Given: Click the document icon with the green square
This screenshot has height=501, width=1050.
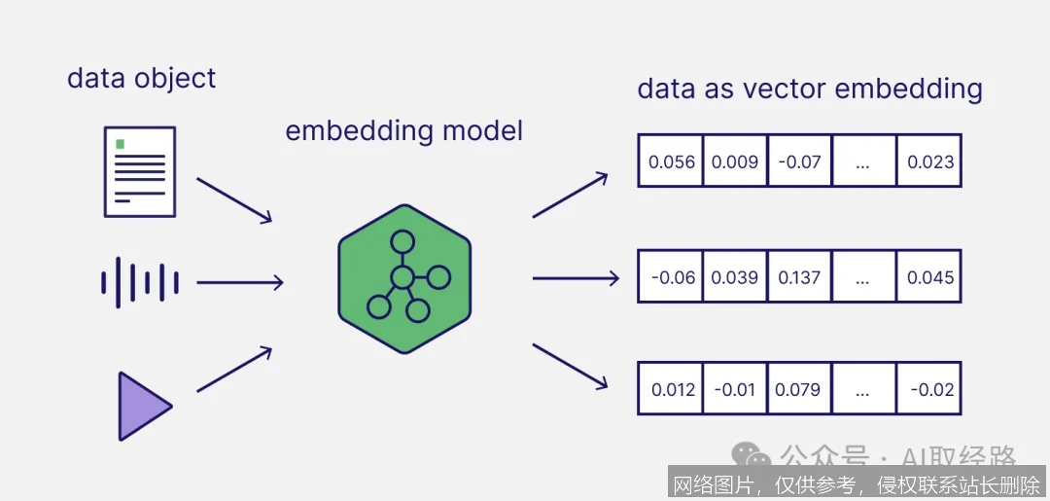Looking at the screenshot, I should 140,171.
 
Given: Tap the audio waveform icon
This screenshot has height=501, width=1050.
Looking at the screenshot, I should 140,282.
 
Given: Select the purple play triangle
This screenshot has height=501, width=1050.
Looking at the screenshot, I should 143,406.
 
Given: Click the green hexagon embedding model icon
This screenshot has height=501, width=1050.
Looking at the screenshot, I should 404,278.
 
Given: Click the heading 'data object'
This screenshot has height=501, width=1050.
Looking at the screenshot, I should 141,78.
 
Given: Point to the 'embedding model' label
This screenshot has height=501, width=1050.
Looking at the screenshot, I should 403,130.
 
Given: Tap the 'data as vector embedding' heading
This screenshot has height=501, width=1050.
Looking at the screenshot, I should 809,89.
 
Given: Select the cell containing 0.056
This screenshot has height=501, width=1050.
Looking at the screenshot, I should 671,161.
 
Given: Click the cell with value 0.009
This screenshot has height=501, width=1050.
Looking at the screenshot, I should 735,161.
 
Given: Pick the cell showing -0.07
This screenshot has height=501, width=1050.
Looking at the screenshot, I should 799,161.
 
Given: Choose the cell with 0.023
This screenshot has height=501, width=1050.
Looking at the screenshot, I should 929,161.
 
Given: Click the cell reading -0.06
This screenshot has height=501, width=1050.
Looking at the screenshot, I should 671,277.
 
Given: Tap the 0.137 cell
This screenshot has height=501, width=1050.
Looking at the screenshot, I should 799,277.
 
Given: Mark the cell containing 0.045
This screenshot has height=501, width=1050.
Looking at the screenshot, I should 929,277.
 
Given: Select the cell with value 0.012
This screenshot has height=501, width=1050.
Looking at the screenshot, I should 671,390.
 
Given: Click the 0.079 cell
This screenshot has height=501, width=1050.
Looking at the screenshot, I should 799,390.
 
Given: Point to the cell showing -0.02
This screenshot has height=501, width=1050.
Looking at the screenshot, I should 929,390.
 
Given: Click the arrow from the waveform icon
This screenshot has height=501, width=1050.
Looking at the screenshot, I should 239,283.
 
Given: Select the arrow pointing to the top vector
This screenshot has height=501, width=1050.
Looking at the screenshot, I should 570,195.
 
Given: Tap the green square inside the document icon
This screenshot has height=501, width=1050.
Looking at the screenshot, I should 121,144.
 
